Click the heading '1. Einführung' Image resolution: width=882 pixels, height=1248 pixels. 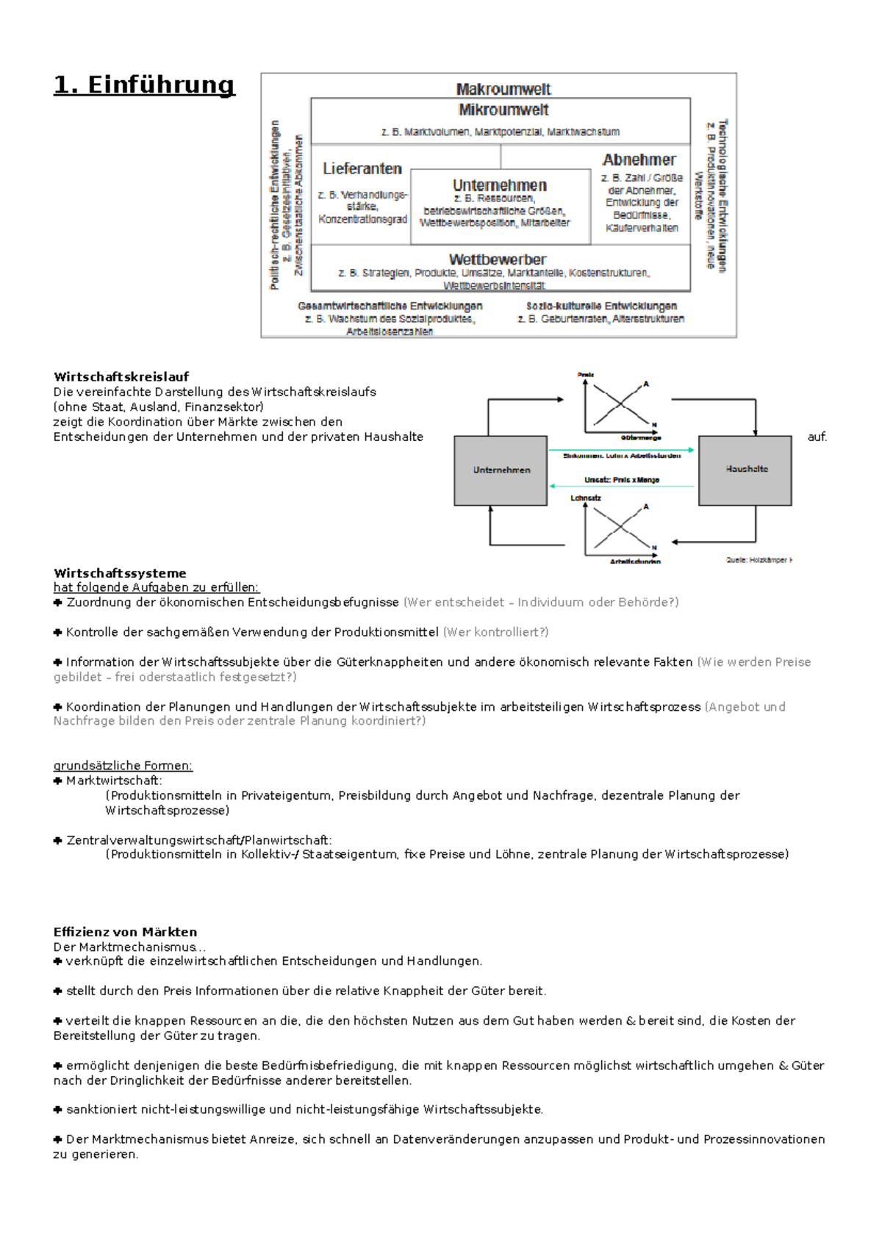(144, 85)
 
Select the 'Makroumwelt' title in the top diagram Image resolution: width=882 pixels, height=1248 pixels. (503, 90)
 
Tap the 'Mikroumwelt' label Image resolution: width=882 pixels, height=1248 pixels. (503, 110)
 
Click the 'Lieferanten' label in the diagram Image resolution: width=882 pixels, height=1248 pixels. (362, 169)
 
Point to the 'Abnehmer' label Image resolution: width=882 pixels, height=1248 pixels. (639, 160)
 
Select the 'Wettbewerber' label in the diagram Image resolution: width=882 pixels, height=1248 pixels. (498, 259)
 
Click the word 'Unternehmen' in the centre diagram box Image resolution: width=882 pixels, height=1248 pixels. (500, 185)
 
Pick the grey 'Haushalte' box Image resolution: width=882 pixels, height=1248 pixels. (746, 470)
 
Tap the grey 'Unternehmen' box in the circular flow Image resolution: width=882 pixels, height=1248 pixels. (501, 470)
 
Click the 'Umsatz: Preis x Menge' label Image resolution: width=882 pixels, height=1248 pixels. (622, 480)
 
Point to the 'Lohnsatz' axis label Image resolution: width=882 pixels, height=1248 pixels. (586, 498)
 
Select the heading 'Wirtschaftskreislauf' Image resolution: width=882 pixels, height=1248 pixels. (121, 377)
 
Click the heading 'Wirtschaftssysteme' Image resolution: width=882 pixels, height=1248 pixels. (120, 573)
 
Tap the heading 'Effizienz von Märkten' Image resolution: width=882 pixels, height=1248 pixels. (125, 932)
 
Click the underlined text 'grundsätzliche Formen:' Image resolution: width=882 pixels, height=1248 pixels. (123, 766)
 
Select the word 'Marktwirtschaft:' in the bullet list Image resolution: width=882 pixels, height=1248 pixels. (114, 781)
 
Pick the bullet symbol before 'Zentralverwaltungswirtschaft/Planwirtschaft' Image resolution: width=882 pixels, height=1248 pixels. (58, 840)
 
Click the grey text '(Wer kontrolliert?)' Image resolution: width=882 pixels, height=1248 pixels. (496, 632)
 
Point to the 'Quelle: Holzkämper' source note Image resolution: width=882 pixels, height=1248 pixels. (759, 560)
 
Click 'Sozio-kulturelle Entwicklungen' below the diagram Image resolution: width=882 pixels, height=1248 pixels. (601, 306)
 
